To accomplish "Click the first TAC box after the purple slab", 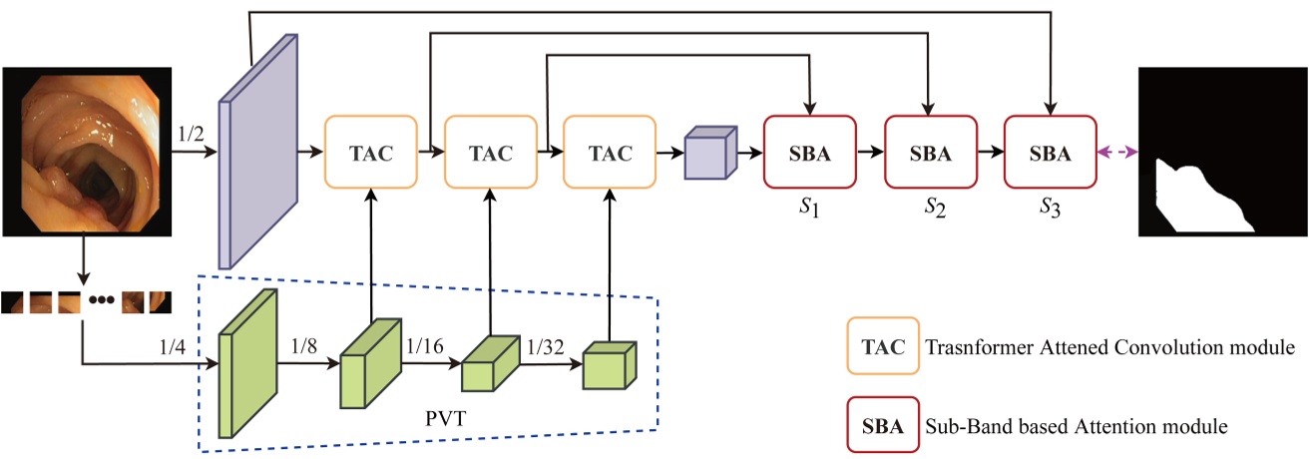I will coord(370,153).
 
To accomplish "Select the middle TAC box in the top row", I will coord(490,153).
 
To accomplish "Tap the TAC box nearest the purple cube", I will coord(610,153).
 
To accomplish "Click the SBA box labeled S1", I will coord(810,153).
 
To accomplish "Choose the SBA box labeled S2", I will coord(930,153).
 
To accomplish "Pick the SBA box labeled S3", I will coord(1050,153).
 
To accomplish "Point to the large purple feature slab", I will coord(258,150).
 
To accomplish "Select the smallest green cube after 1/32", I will coord(608,367).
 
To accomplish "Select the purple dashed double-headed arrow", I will coord(1117,153).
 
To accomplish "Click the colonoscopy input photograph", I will coord(82,150).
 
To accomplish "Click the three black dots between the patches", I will coord(100,300).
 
